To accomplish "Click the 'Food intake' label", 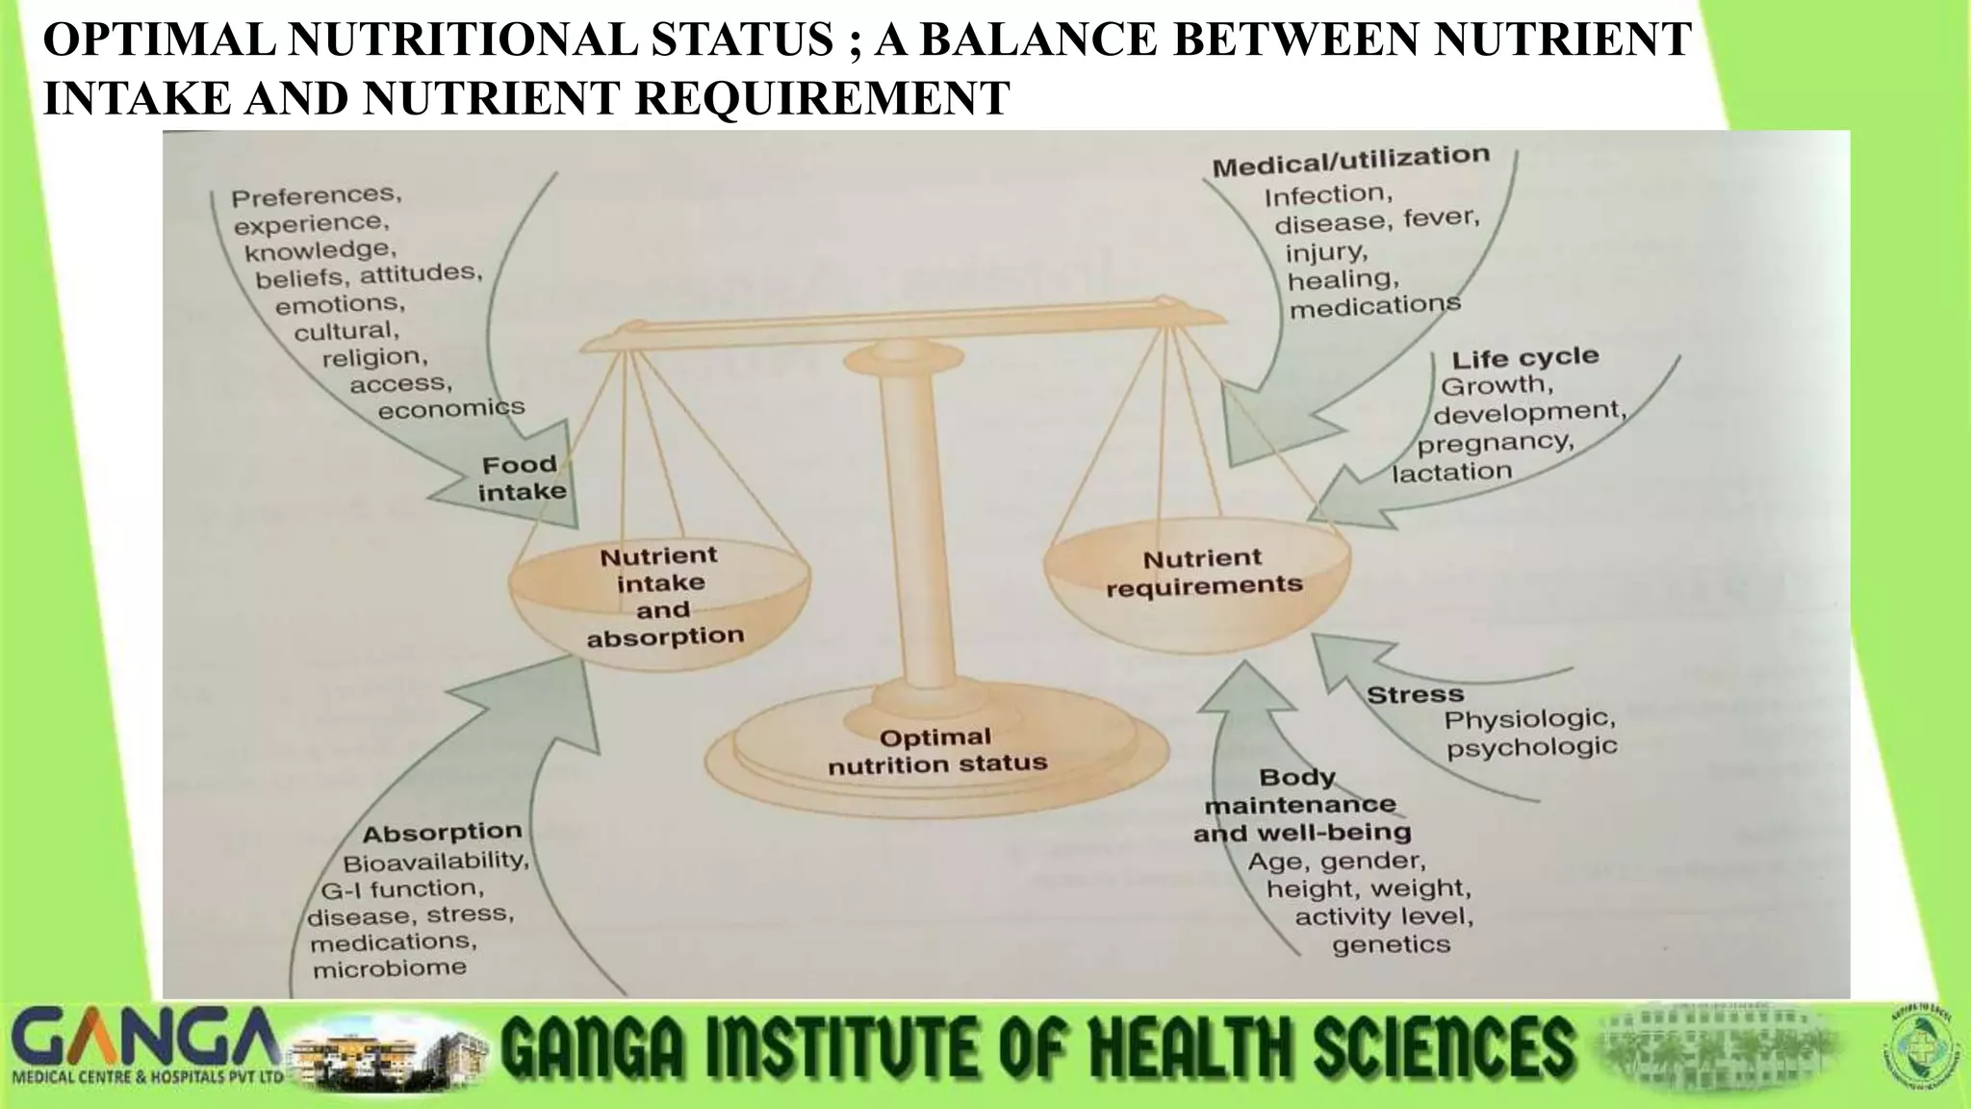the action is [522, 478].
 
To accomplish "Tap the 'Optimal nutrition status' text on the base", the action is [936, 751].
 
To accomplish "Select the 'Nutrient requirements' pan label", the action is [1203, 572].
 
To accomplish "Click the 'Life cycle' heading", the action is [1524, 358].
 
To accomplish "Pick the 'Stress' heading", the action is [1415, 694].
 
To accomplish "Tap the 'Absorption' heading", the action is [442, 833].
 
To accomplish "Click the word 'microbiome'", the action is [389, 968].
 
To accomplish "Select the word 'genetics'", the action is [1391, 945].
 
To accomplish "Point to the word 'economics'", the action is [450, 409].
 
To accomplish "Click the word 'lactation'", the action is [1451, 473].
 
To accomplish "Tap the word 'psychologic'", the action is [1531, 747].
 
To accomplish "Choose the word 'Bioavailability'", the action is [436, 861].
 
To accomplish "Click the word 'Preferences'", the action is [316, 195].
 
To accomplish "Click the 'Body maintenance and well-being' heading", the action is [1301, 805].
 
